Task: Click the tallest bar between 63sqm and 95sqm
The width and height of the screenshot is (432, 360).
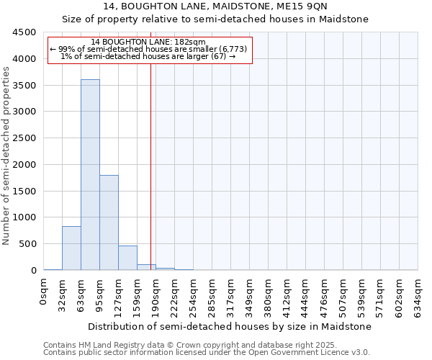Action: (90, 175)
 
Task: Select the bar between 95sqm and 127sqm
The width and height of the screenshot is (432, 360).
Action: (109, 222)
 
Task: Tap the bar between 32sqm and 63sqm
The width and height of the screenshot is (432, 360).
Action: (71, 248)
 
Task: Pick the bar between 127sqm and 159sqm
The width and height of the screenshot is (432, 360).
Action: (127, 258)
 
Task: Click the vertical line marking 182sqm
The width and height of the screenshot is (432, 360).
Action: (150, 166)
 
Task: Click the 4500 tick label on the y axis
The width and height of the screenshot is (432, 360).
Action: (24, 32)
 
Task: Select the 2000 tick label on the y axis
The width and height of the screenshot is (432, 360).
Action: (24, 165)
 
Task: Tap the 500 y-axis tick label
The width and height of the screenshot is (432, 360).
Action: (27, 244)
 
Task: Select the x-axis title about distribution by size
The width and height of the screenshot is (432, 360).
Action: (230, 326)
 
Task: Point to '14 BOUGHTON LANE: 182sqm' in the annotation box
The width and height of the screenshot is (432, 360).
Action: (149, 42)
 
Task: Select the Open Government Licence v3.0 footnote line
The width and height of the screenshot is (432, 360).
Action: (207, 352)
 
